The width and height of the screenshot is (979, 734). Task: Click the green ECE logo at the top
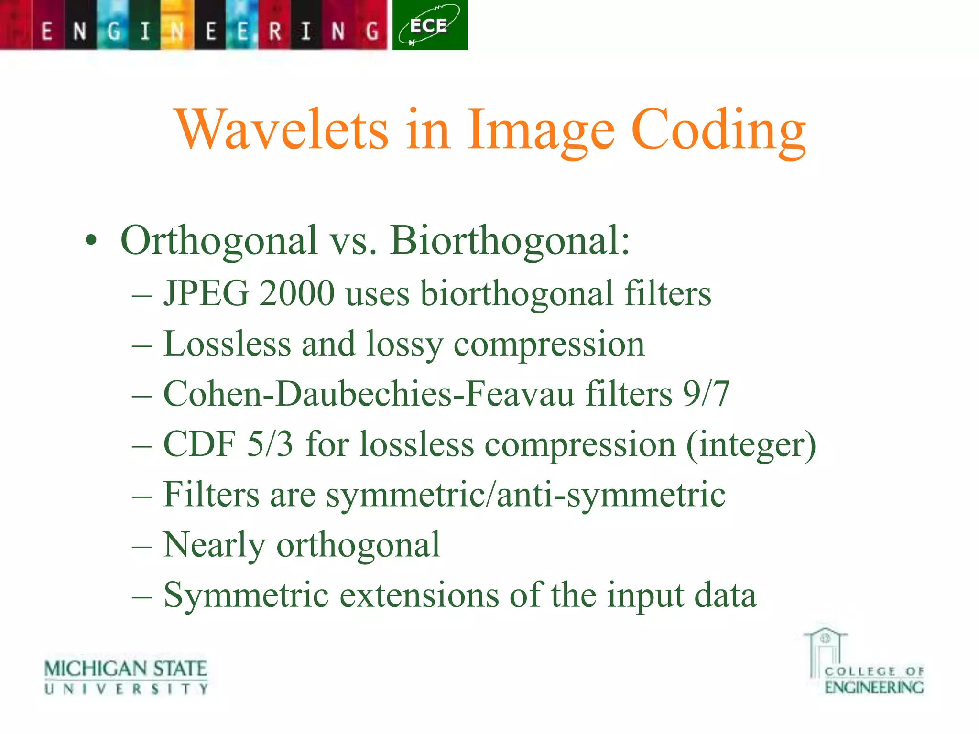pyautogui.click(x=429, y=25)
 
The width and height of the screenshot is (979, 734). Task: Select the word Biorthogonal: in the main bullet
pyautogui.click(x=510, y=240)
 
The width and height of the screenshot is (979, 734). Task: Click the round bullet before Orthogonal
pyautogui.click(x=91, y=241)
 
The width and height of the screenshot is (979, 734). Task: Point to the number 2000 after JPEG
pyautogui.click(x=296, y=293)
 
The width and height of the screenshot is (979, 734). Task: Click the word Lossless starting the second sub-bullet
pyautogui.click(x=227, y=344)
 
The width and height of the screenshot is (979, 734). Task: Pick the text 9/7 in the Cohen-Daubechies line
pyautogui.click(x=706, y=394)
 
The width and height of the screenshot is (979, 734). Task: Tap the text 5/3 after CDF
pyautogui.click(x=270, y=444)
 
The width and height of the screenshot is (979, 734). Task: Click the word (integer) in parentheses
pyautogui.click(x=751, y=445)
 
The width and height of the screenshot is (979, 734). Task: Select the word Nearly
pyautogui.click(x=214, y=545)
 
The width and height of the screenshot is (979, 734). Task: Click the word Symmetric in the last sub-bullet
pyautogui.click(x=246, y=595)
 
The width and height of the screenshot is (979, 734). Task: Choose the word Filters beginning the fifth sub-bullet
pyautogui.click(x=211, y=495)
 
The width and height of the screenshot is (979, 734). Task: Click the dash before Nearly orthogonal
pyautogui.click(x=142, y=546)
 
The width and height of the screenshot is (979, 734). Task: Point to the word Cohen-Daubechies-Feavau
pyautogui.click(x=369, y=394)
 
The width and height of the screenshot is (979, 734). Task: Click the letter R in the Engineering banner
pyautogui.click(x=275, y=32)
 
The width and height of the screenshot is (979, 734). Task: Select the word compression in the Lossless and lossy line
pyautogui.click(x=549, y=344)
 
